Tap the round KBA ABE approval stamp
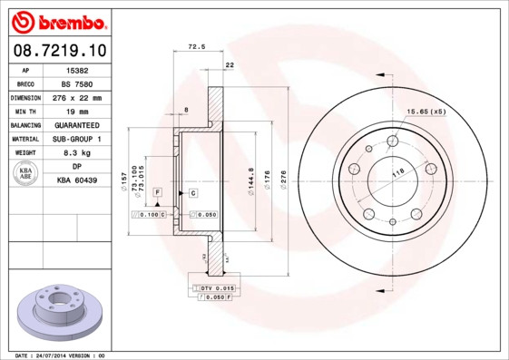tap(25, 175)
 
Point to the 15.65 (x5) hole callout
tap(426, 111)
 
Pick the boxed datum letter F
tap(157, 194)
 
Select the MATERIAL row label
tap(24, 139)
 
